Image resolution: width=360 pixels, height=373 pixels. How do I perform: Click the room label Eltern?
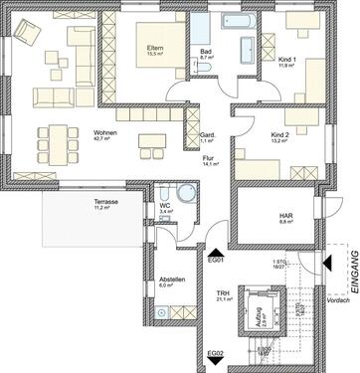coord(156,50)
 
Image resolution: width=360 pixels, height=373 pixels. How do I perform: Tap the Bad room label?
coord(207,53)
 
